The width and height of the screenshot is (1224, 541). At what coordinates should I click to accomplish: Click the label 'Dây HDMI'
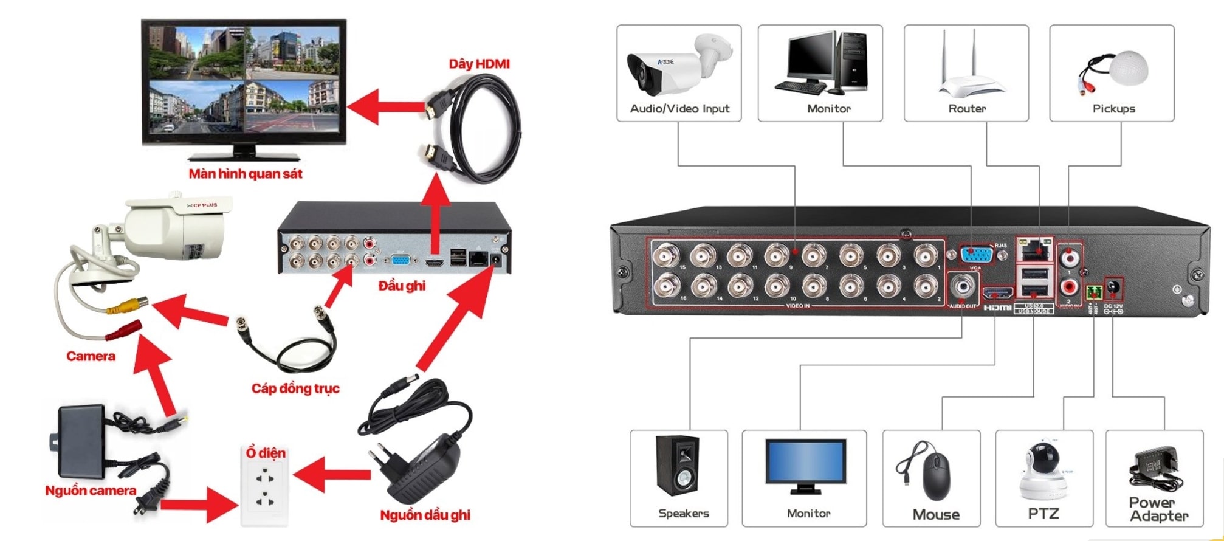click(479, 64)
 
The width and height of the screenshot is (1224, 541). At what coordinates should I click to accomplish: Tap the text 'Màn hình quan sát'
click(245, 174)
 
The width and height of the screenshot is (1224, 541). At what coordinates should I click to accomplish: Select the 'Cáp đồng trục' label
click(295, 388)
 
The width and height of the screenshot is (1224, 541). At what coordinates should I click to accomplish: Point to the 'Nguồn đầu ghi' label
click(425, 515)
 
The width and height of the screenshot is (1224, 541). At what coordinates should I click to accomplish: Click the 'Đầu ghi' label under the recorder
click(402, 286)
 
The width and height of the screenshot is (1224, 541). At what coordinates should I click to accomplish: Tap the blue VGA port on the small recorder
click(400, 261)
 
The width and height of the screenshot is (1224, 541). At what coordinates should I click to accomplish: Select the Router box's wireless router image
click(966, 67)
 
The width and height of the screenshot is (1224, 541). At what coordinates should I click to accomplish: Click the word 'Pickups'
click(1113, 109)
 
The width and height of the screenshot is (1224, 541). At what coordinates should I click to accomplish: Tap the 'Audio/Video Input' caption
click(679, 109)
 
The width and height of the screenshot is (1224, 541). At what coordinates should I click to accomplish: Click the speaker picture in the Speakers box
click(678, 466)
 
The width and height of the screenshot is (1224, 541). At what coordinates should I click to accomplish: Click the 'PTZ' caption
click(1043, 514)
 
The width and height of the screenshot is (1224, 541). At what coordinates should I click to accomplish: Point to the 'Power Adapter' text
click(1158, 509)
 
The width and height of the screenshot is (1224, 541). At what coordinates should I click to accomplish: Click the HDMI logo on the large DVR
click(997, 308)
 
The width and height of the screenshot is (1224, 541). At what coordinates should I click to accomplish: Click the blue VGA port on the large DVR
click(976, 253)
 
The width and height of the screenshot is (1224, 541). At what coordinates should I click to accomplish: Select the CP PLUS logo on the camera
click(202, 205)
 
